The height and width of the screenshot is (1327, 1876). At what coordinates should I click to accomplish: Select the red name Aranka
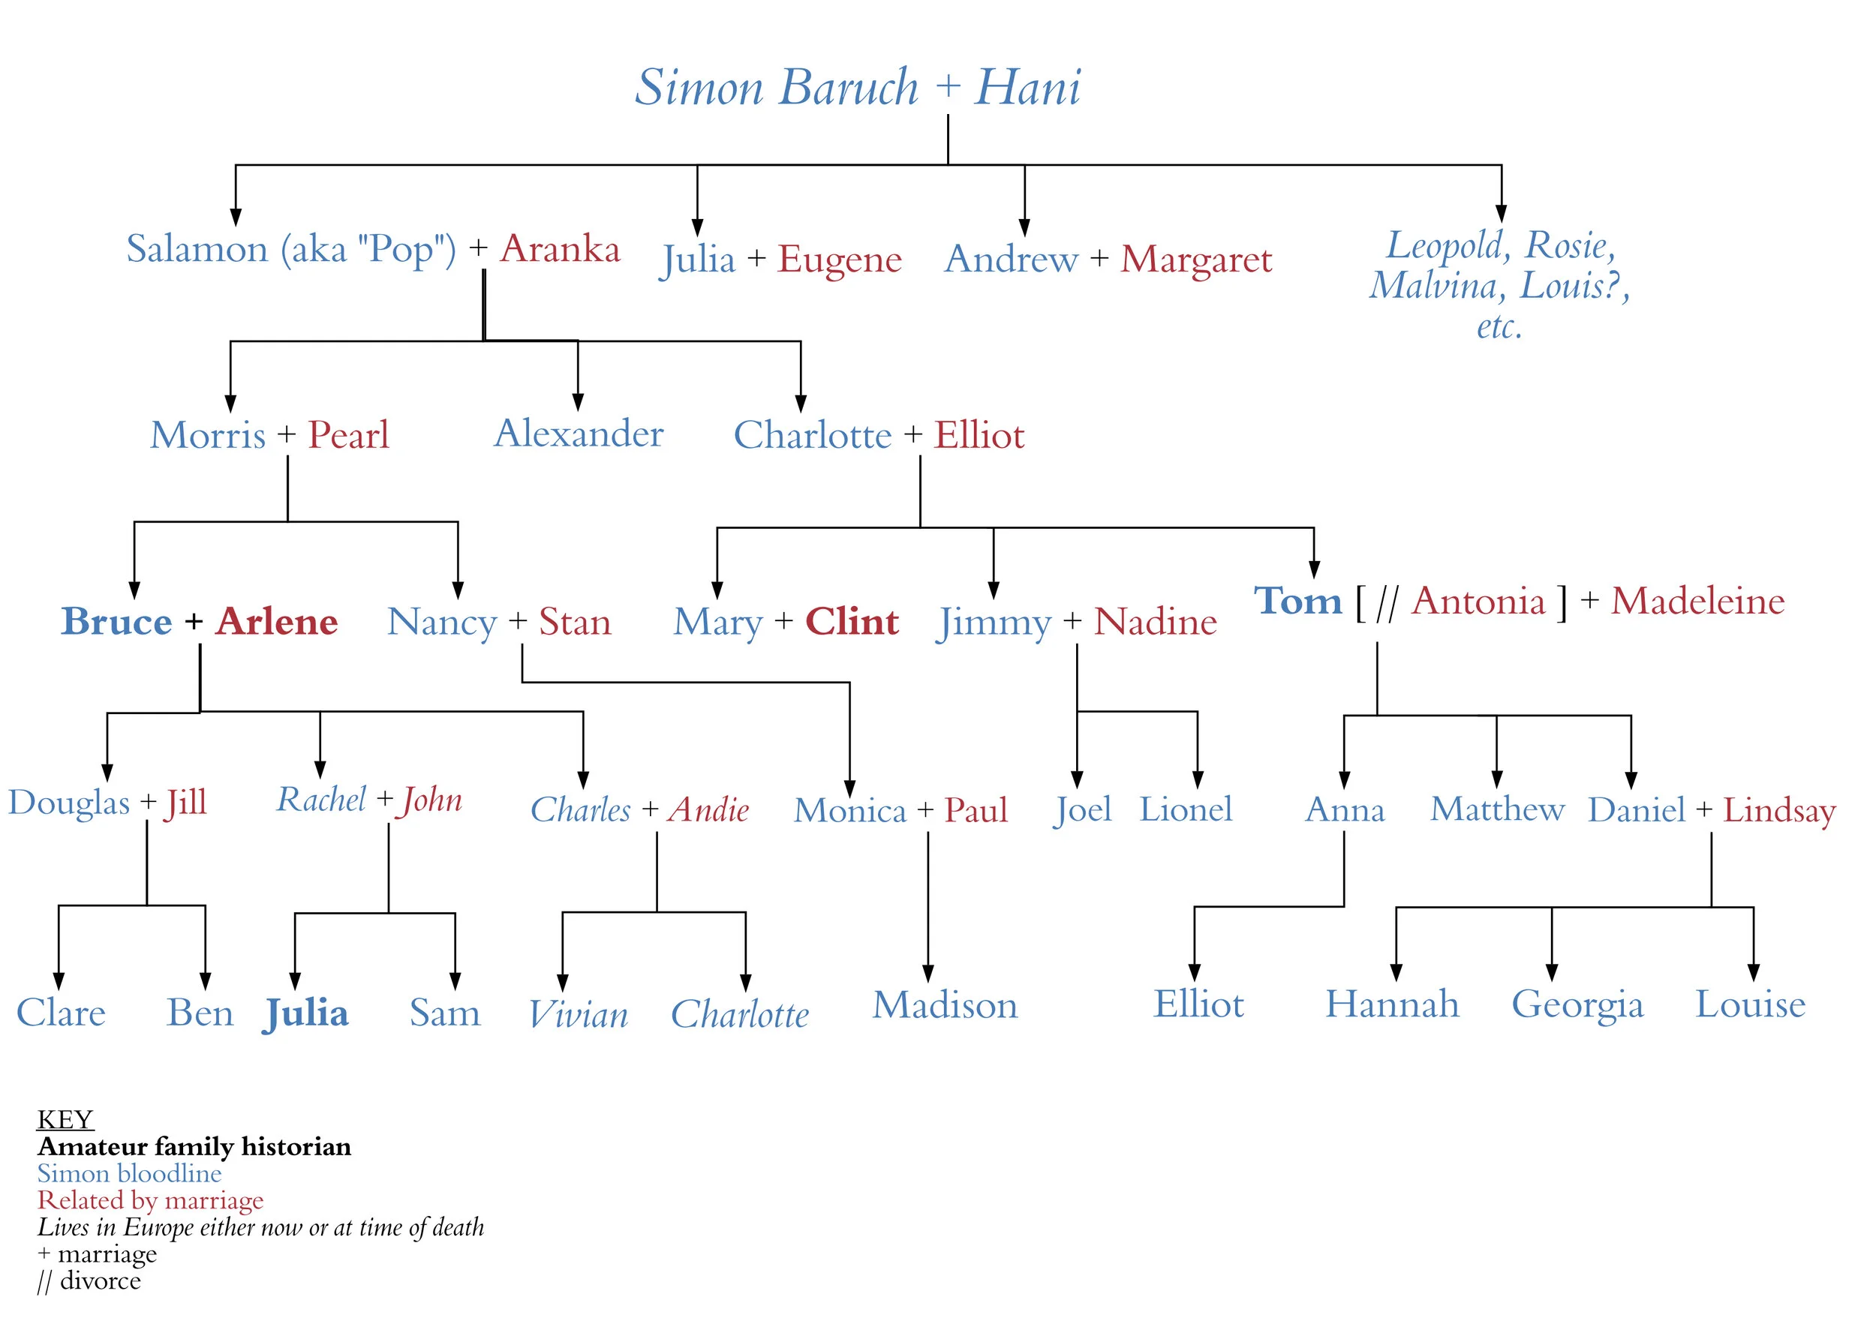(x=560, y=248)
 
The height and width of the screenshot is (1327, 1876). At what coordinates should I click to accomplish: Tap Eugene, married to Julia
(x=840, y=259)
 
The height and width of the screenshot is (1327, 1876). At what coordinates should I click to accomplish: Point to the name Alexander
(x=579, y=433)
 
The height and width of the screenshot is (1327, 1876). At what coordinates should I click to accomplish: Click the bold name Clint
(x=852, y=622)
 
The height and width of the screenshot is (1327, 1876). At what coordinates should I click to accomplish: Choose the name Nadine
(x=1155, y=622)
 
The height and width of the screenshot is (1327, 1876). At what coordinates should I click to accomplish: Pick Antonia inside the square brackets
(x=1479, y=602)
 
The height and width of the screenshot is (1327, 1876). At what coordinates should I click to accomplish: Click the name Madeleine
(x=1698, y=602)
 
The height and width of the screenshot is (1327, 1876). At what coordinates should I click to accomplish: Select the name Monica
(x=850, y=811)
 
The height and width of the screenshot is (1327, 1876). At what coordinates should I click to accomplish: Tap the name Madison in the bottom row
(x=945, y=1005)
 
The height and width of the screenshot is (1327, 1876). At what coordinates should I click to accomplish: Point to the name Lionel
(x=1186, y=809)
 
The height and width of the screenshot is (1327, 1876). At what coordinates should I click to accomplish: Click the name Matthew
(x=1497, y=809)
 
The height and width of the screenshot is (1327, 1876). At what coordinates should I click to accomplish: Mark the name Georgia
(x=1577, y=1005)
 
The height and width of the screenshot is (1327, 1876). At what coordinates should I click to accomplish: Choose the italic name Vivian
(x=578, y=1015)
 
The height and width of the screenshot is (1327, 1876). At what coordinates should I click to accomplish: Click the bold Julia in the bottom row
(x=306, y=1013)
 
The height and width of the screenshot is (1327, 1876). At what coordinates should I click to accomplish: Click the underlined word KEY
(x=65, y=1118)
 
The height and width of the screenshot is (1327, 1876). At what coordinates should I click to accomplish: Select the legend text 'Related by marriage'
(x=150, y=1199)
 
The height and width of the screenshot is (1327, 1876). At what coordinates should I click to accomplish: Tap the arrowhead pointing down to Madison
(x=927, y=972)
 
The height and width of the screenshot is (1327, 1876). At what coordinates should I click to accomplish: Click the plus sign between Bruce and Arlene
(x=194, y=622)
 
